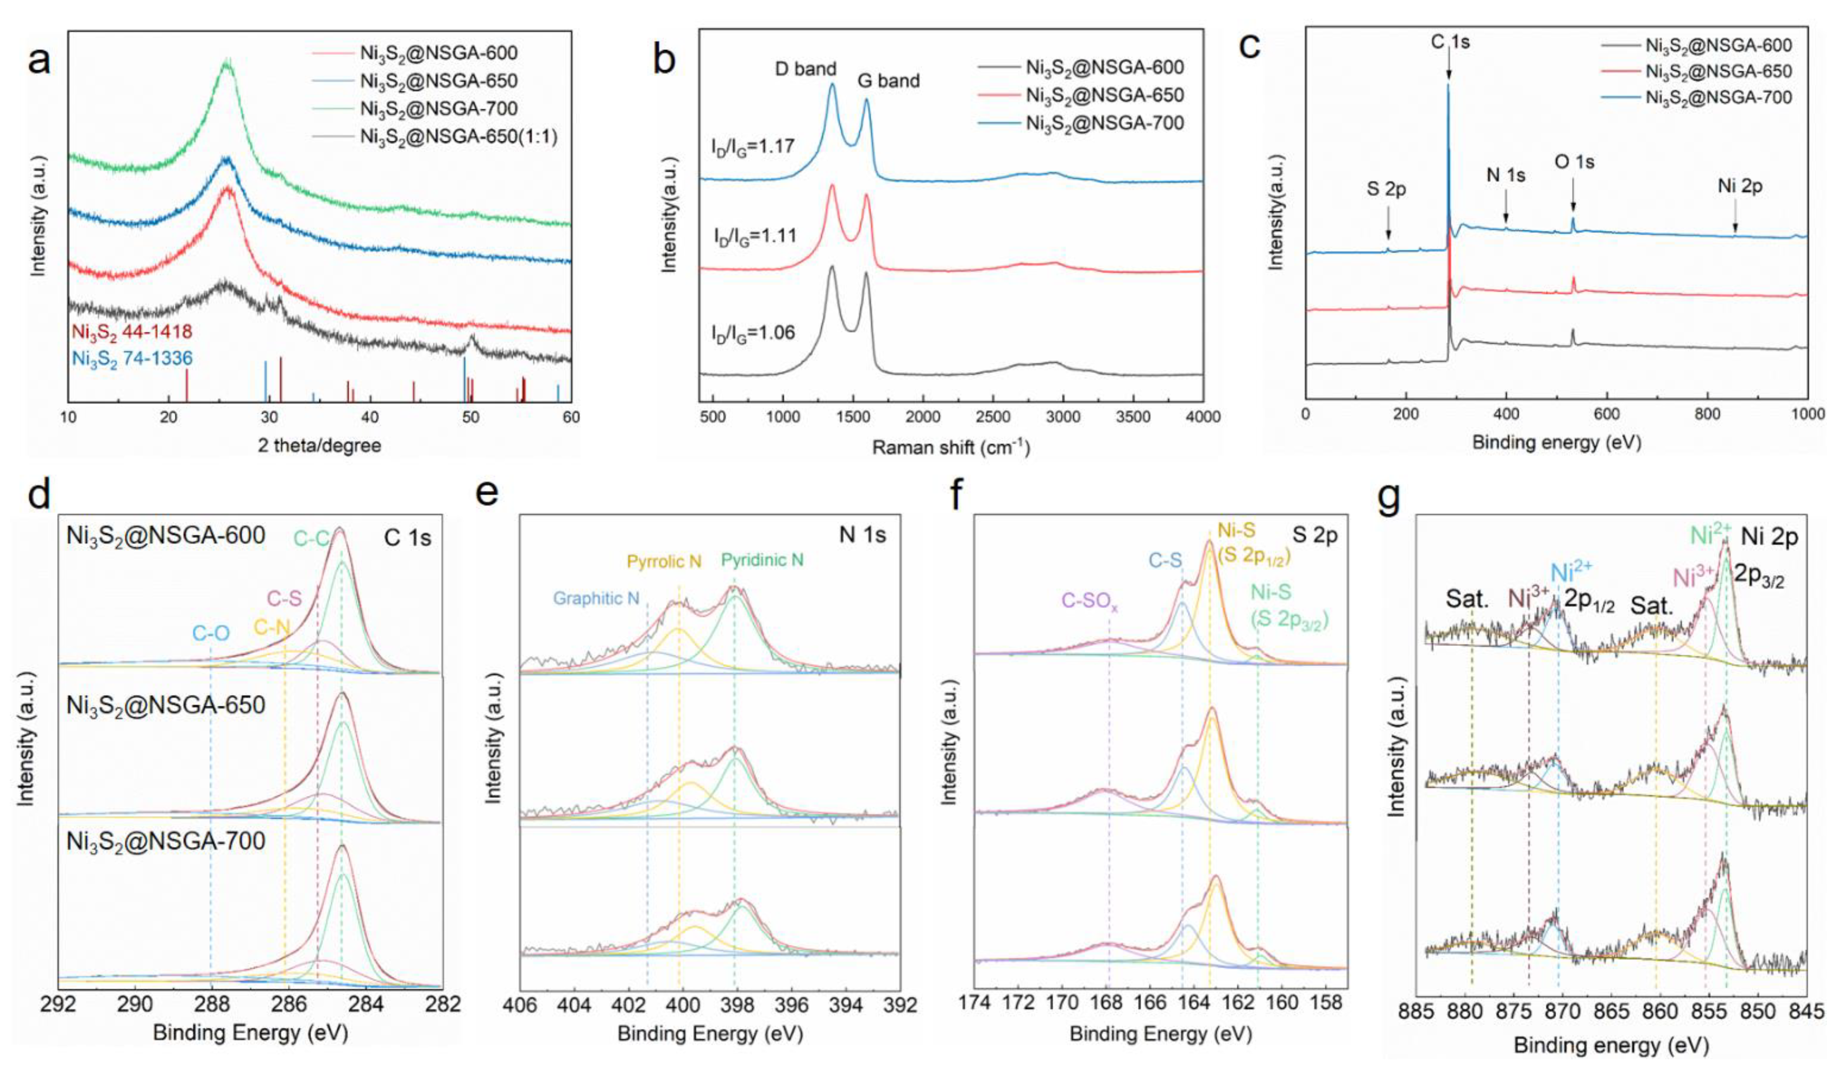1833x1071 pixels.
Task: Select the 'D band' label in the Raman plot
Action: click(x=805, y=70)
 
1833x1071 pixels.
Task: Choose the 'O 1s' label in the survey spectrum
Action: click(x=1574, y=162)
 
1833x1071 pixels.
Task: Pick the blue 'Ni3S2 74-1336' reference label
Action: click(x=132, y=358)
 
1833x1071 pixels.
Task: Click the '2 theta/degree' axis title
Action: click(x=320, y=445)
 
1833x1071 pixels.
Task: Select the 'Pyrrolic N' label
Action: click(x=664, y=562)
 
